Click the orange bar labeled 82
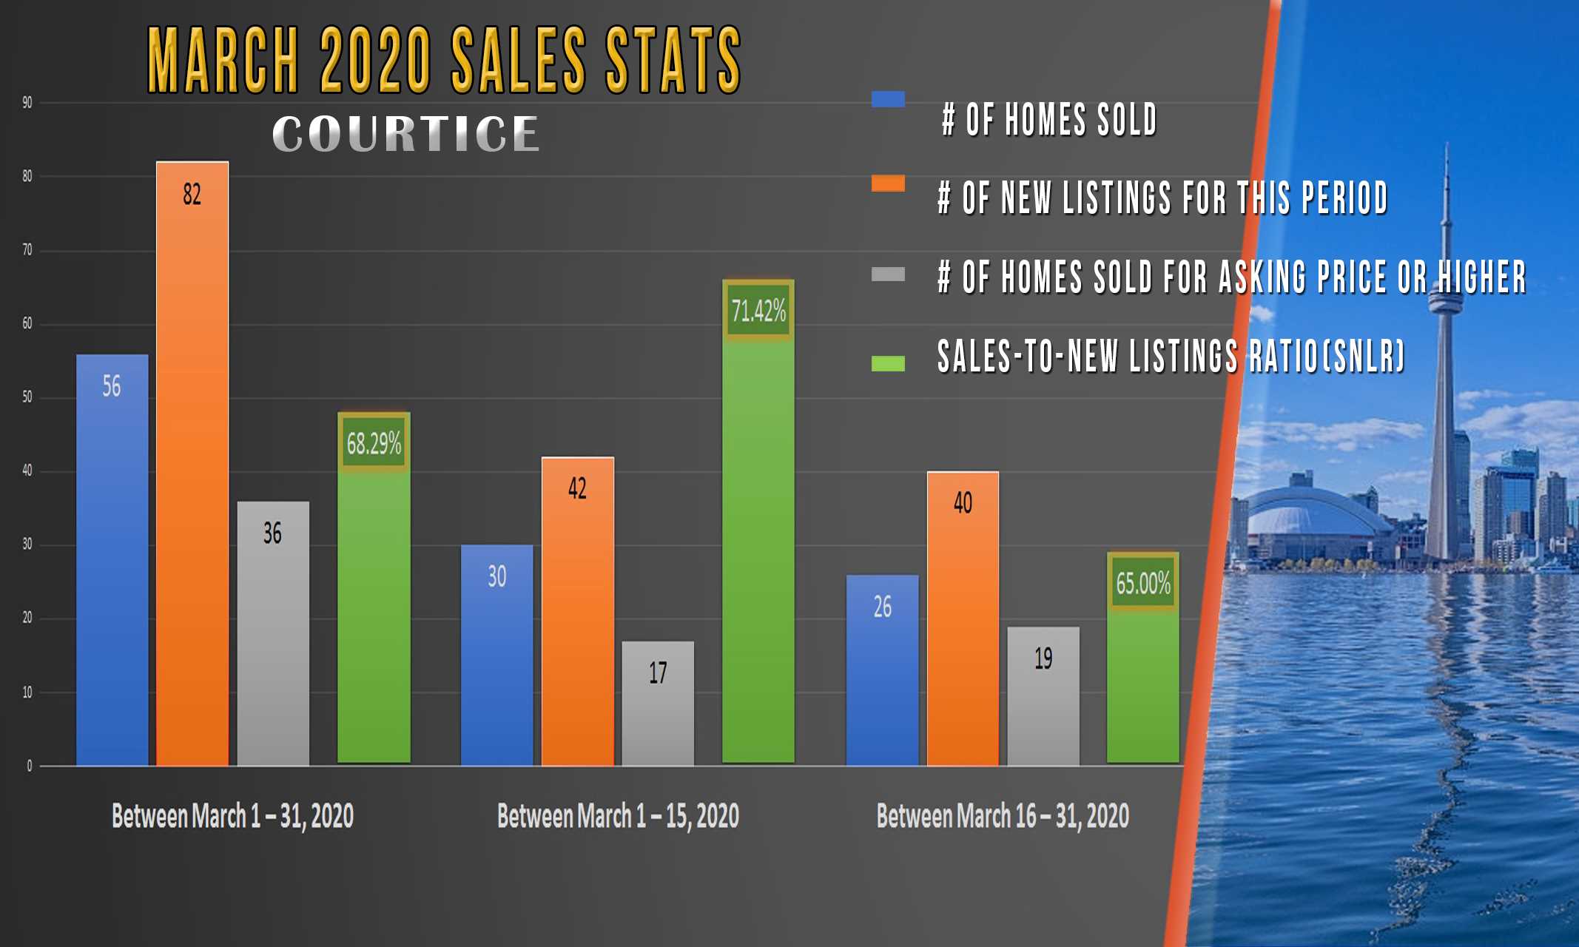[x=192, y=462]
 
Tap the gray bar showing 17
[x=658, y=703]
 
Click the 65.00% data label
[x=1143, y=583]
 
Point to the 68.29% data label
[x=374, y=443]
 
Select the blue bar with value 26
[x=882, y=670]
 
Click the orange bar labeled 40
[x=963, y=618]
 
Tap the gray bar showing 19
[x=1043, y=695]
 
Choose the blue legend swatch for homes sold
[x=888, y=99]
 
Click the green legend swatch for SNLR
[x=888, y=363]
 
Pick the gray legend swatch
[x=888, y=274]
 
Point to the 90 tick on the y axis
[x=27, y=103]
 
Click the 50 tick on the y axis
[x=27, y=397]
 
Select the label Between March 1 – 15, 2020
[x=618, y=816]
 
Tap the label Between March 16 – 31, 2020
[x=1003, y=816]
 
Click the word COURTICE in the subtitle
[x=405, y=134]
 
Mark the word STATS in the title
[x=673, y=61]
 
